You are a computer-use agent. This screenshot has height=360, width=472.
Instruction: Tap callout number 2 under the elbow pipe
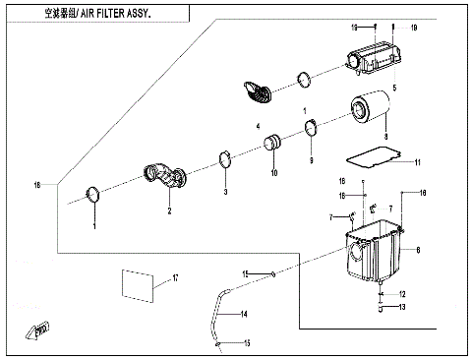coord(168,210)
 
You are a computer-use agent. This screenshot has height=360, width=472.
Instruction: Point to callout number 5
coord(394,89)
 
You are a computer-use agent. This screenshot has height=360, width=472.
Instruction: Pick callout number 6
coord(418,251)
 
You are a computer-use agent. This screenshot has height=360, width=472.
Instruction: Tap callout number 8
coord(386,137)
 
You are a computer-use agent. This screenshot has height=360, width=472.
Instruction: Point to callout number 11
coord(417,162)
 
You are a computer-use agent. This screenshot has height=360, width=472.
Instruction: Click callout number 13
coord(401,308)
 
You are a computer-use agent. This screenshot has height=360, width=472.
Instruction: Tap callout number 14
coord(244,313)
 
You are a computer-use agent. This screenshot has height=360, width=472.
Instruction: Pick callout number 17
coord(175,279)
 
